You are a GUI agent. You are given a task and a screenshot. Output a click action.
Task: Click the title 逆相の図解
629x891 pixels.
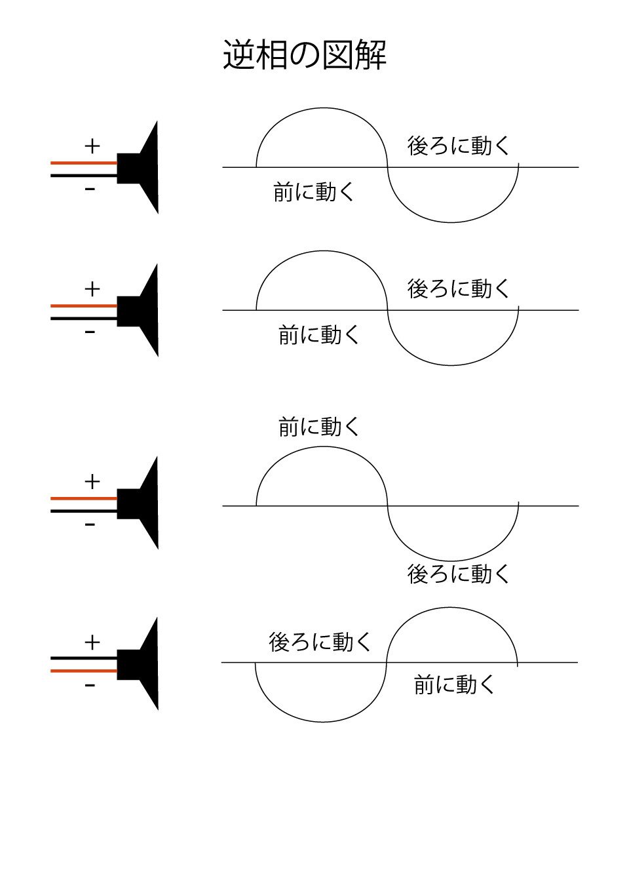point(305,54)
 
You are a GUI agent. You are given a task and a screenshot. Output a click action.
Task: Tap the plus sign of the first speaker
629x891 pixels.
point(92,146)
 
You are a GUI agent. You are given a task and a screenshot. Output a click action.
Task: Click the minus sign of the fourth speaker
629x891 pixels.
point(90,686)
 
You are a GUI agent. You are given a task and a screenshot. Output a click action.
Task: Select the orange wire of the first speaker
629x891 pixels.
point(84,163)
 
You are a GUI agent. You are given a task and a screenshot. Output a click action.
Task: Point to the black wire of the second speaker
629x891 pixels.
point(84,319)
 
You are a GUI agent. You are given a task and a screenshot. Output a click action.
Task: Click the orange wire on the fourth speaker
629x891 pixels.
point(84,671)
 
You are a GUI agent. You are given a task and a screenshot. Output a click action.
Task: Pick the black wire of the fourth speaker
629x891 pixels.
point(84,658)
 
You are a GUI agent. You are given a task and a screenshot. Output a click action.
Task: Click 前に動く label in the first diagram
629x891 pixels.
point(314,192)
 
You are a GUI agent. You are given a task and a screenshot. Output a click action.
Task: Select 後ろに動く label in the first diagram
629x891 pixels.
point(458,146)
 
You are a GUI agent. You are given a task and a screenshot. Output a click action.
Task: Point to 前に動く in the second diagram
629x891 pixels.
point(319,335)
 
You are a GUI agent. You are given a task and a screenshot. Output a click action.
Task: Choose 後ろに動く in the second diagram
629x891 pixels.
point(458,288)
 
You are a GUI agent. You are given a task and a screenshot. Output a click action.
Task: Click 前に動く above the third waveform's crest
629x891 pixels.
point(319,427)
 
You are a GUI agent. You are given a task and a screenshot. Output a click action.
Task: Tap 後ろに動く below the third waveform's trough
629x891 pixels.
point(458,574)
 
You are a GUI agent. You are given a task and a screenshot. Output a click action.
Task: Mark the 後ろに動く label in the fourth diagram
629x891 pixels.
point(320,641)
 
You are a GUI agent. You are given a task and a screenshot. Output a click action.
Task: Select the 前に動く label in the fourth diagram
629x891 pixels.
point(454,685)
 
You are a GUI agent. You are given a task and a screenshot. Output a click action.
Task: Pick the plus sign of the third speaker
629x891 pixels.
point(92,482)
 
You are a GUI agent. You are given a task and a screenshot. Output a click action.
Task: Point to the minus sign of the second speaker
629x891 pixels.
point(90,332)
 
